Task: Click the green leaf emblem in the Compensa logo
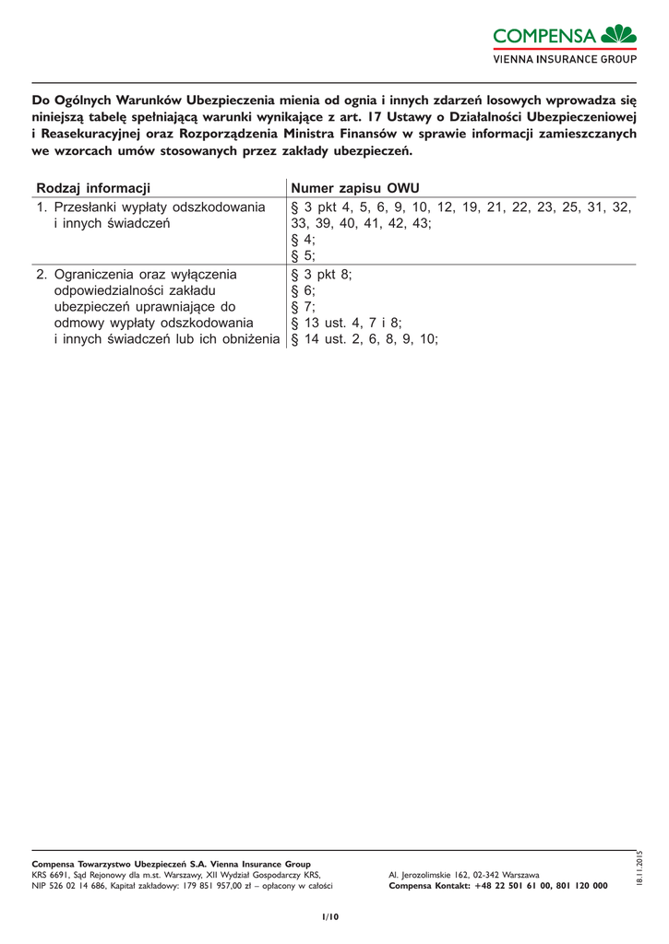(618, 35)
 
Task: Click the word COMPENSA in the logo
(544, 37)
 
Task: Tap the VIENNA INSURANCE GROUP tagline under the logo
(565, 59)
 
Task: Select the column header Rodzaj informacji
(92, 188)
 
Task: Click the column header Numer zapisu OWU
(355, 188)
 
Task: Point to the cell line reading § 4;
(303, 240)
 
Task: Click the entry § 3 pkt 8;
(321, 274)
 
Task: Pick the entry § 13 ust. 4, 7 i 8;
(346, 323)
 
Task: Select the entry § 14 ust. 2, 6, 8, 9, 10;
(364, 339)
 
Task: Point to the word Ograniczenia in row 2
(95, 274)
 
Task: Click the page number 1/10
(330, 916)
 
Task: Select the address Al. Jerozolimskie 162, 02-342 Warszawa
(464, 874)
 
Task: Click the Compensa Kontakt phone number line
(498, 886)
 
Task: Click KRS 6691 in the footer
(50, 874)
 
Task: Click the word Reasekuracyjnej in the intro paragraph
(86, 134)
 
